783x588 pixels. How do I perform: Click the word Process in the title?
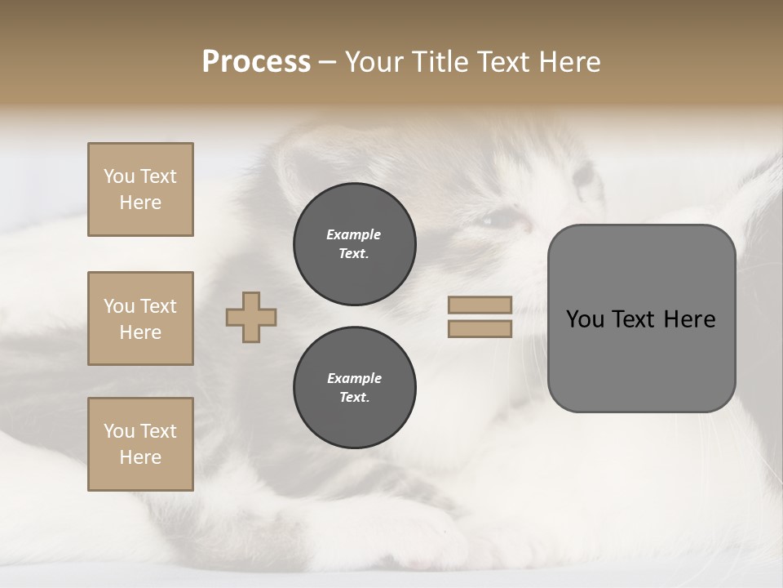tap(256, 61)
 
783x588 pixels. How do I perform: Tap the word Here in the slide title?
tap(570, 61)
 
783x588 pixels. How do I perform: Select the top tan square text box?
tap(140, 189)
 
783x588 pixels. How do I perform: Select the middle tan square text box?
tap(140, 318)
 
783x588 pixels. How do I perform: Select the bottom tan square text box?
tap(140, 444)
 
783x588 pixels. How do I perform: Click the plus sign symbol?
tap(251, 317)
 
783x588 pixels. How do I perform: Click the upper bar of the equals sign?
tap(480, 305)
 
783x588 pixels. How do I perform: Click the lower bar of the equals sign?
tap(480, 328)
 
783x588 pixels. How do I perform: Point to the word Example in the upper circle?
tap(354, 234)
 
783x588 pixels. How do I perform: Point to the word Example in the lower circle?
tap(354, 378)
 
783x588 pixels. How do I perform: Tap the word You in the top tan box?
tap(118, 176)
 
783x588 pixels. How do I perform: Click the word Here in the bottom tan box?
tap(140, 457)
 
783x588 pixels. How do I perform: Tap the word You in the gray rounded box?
tap(585, 319)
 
